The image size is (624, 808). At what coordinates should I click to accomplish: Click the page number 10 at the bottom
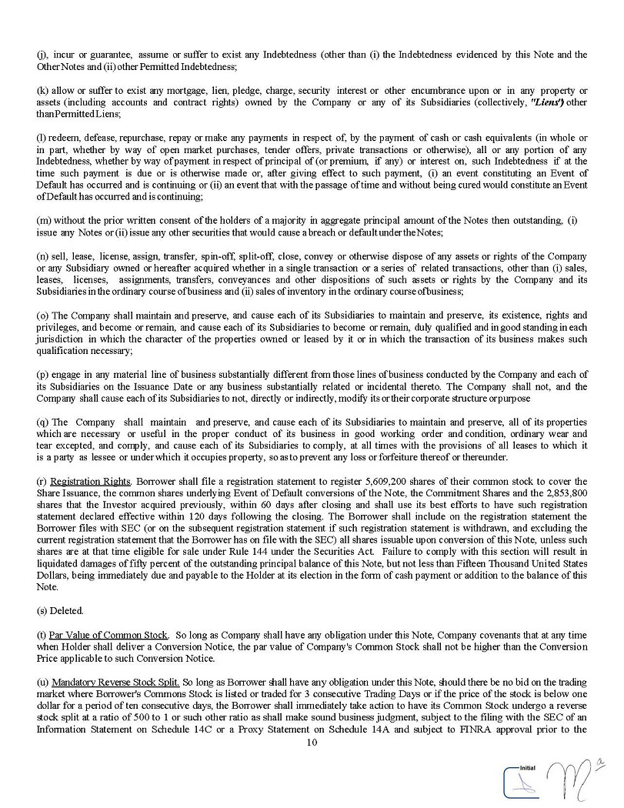[312, 743]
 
